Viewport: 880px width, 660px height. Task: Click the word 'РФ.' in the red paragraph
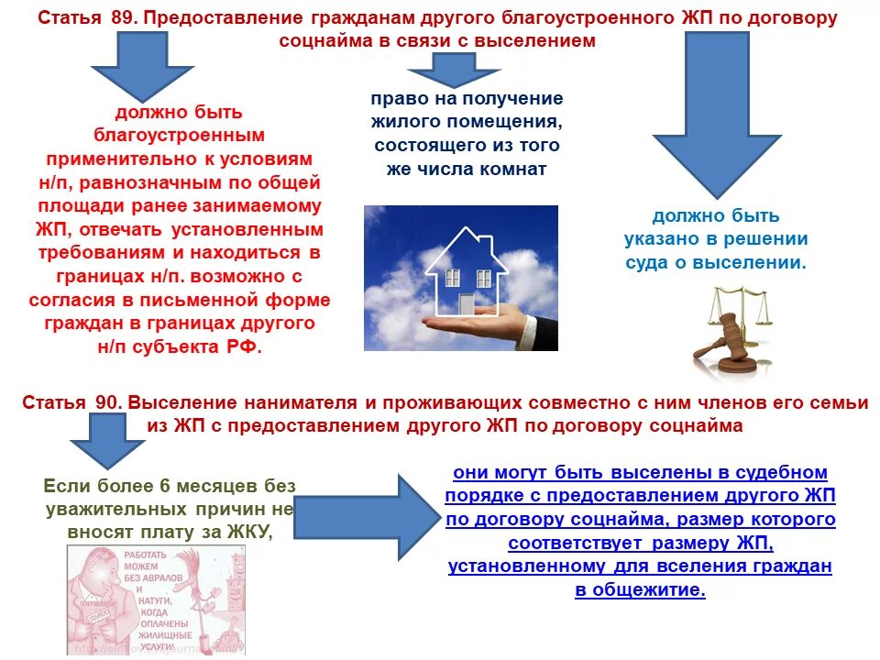click(x=243, y=348)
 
